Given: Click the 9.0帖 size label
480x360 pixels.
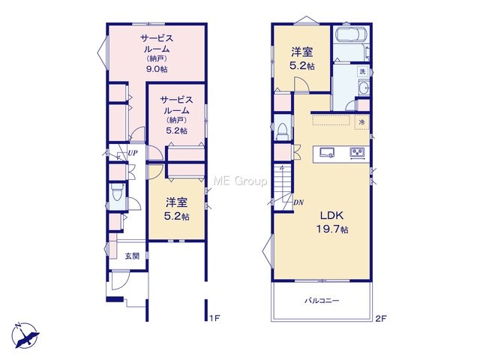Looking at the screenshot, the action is click(157, 69).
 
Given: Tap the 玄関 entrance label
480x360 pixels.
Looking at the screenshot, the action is click(132, 256).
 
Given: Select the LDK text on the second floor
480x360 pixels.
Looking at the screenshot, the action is click(331, 215).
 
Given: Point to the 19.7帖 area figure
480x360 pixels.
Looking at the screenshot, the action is click(331, 229).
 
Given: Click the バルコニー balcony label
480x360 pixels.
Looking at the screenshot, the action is click(322, 301).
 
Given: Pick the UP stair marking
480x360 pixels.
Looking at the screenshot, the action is click(133, 153).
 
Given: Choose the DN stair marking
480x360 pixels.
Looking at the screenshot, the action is click(298, 202).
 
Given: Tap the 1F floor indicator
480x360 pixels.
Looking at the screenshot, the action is click(215, 318).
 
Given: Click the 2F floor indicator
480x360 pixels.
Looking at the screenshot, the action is click(381, 318).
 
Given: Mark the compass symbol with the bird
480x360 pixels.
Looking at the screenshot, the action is click(25, 335).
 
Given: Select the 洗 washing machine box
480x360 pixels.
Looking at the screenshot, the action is click(363, 72).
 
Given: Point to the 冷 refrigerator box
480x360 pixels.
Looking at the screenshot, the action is click(362, 122).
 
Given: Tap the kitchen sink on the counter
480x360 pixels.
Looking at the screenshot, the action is click(327, 152).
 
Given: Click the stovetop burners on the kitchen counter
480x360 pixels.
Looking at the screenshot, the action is click(357, 152).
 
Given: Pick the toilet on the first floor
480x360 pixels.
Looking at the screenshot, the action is click(117, 193).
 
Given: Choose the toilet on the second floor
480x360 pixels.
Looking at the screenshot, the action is click(282, 132).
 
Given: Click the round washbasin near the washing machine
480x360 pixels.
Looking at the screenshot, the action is click(364, 88).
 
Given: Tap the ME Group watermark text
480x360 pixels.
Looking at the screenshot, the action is click(240, 181).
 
